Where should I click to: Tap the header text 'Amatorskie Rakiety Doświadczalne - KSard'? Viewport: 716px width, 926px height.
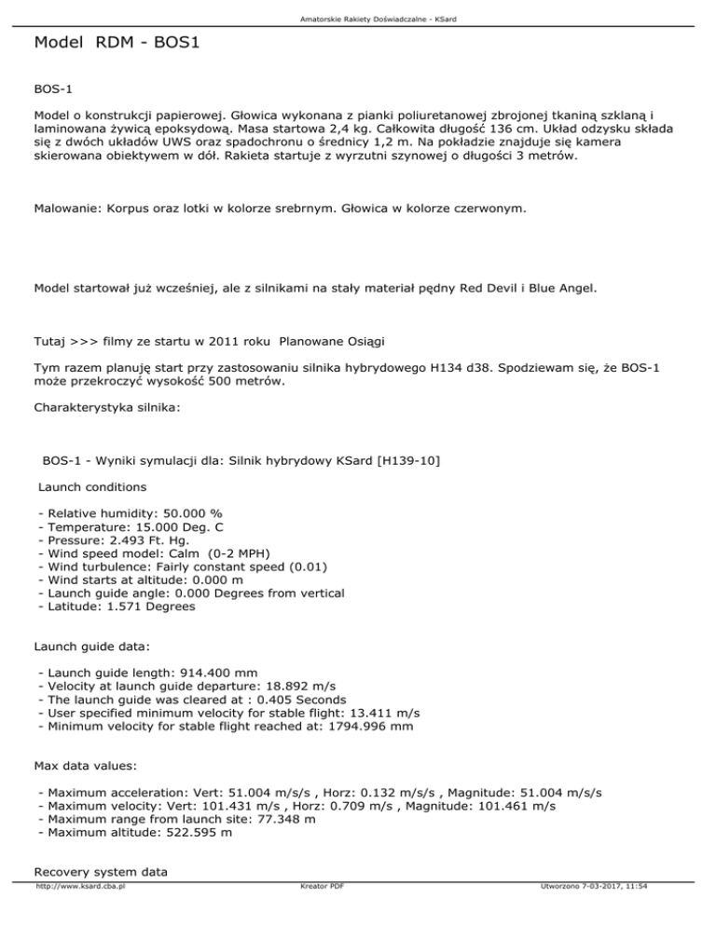tap(357, 19)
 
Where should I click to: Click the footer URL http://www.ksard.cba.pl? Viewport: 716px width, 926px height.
tap(80, 914)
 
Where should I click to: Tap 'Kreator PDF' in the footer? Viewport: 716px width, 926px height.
tap(317, 914)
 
